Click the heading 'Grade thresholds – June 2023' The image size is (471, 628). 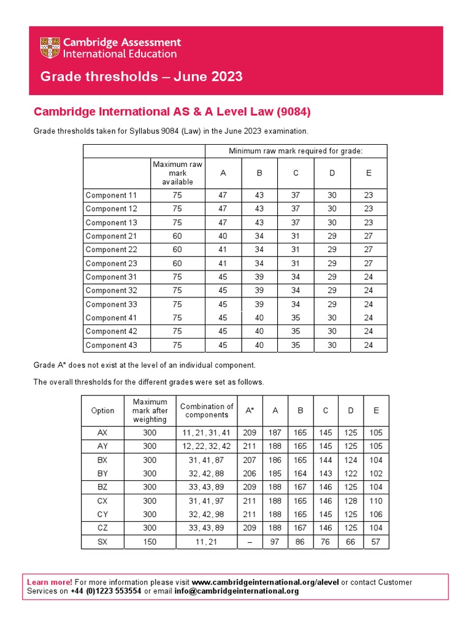coord(141,77)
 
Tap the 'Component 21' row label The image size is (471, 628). coord(111,236)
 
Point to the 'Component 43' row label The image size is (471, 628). coord(111,345)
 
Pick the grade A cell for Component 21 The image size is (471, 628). coord(223,236)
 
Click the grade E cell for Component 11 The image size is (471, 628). coord(369,195)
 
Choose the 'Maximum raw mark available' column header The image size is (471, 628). coord(177,173)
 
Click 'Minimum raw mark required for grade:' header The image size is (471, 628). coord(296,151)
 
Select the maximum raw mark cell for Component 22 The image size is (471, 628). coord(177,250)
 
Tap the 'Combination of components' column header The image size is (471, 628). coord(207,410)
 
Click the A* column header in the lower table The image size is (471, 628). coord(250,410)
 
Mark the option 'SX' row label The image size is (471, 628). coord(102,542)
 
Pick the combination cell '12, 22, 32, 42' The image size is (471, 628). coord(207,446)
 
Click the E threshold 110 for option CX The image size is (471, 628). coord(375,500)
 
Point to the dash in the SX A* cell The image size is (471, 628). coord(250,542)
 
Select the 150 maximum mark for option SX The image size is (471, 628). coord(150,542)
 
